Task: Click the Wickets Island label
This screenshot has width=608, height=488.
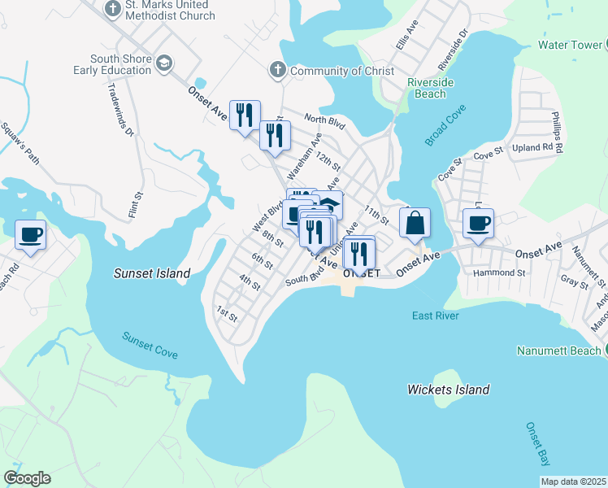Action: (x=448, y=390)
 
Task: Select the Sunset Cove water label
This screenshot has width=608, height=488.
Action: (x=150, y=346)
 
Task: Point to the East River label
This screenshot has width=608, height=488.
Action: (x=435, y=316)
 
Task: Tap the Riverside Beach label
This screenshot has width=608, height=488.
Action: (x=426, y=88)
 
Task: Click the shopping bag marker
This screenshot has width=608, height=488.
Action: (x=415, y=222)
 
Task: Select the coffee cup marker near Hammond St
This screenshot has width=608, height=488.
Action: (x=478, y=222)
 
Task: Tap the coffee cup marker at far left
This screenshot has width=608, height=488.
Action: (x=31, y=235)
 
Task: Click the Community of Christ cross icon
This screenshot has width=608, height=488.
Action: (x=277, y=71)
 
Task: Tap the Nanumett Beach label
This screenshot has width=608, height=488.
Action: (x=558, y=351)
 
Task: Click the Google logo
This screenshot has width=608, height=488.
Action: (x=27, y=478)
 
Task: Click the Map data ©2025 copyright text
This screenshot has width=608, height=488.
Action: (x=573, y=481)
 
